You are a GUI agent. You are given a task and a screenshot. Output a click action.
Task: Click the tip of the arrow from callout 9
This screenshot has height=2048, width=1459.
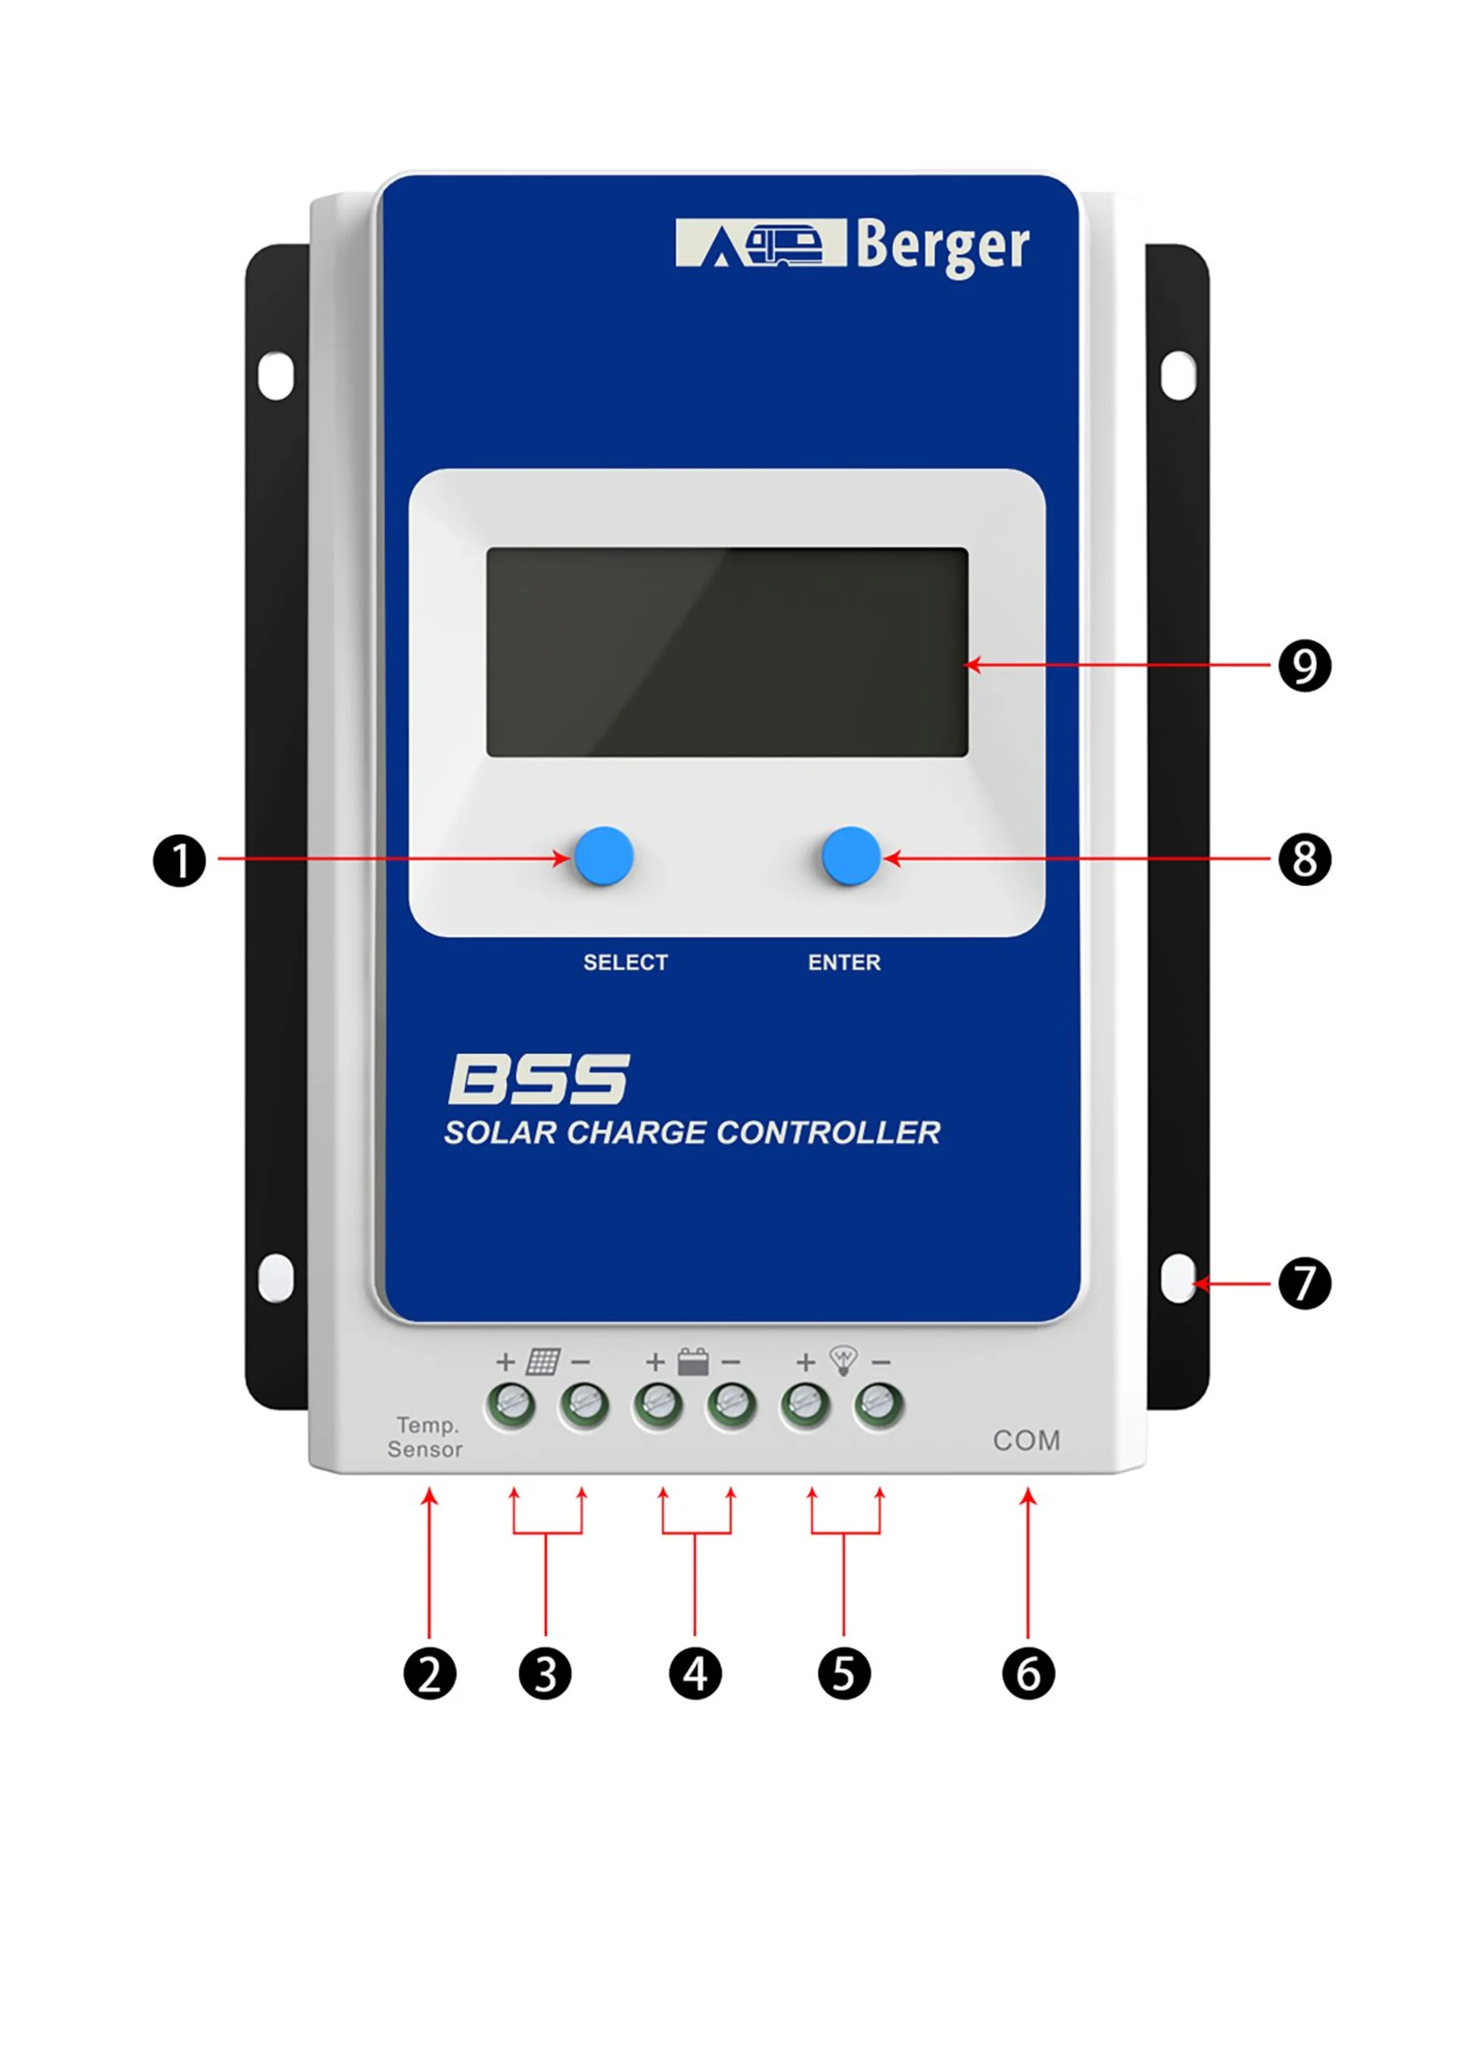(x=964, y=666)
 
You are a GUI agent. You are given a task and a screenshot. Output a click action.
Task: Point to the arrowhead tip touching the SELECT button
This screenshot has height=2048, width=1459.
(x=571, y=858)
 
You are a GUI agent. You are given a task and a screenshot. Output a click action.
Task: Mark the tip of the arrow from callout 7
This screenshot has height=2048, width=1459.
(x=1192, y=1284)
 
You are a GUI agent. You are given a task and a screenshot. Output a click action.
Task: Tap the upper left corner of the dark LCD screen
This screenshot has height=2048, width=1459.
(x=487, y=548)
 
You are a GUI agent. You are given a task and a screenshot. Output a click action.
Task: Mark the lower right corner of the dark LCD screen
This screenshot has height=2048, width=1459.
(x=968, y=757)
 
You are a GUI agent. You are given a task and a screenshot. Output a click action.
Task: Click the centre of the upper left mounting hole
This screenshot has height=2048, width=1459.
(x=276, y=375)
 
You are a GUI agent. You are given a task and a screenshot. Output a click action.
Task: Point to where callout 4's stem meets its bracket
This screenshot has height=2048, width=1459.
(x=695, y=1534)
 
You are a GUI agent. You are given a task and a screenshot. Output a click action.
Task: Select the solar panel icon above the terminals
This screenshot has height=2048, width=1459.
(x=543, y=1362)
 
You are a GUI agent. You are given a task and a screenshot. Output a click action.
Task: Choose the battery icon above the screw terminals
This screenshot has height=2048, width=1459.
(x=693, y=1362)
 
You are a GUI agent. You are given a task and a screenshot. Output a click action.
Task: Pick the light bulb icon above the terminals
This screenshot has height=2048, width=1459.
(x=843, y=1361)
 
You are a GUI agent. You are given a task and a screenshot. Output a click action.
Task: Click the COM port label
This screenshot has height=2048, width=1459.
(x=1027, y=1441)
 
